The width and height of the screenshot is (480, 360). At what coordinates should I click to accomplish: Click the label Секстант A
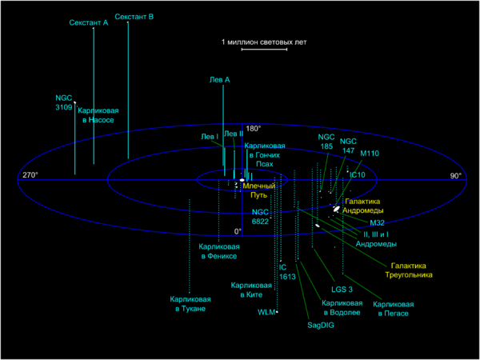pyautogui.click(x=89, y=24)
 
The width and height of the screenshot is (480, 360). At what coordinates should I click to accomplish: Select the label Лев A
pyautogui.click(x=219, y=80)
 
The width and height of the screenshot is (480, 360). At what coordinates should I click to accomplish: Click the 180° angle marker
pyautogui.click(x=254, y=129)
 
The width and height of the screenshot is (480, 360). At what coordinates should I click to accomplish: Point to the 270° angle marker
pyautogui.click(x=30, y=175)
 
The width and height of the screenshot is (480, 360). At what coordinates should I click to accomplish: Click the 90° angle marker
pyautogui.click(x=455, y=175)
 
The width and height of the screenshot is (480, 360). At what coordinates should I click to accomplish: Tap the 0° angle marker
pyautogui.click(x=237, y=231)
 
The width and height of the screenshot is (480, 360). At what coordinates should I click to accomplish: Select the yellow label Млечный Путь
pyautogui.click(x=264, y=190)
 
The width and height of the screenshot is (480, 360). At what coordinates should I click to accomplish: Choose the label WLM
pyautogui.click(x=266, y=312)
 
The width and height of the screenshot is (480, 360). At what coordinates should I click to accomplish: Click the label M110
pyautogui.click(x=370, y=153)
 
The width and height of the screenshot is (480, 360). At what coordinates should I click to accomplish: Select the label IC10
pyautogui.click(x=357, y=174)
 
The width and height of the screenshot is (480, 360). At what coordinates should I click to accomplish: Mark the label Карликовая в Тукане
pyautogui.click(x=188, y=303)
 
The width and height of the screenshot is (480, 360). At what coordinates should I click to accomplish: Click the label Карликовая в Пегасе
pyautogui.click(x=394, y=308)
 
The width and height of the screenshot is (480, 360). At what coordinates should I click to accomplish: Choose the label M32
pyautogui.click(x=377, y=222)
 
